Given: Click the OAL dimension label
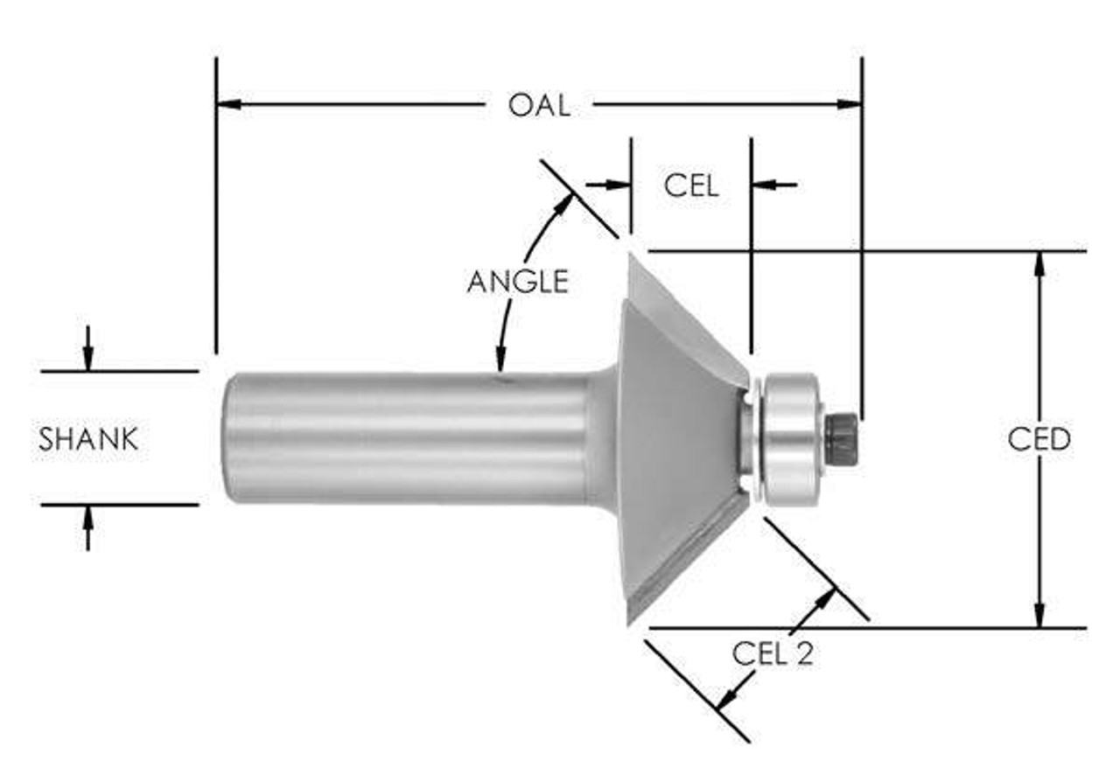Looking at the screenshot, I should [539, 105].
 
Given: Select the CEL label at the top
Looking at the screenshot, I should [691, 185].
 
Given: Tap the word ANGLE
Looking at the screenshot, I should [517, 282].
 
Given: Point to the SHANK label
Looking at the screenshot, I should [88, 439].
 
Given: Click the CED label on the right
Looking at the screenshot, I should [1039, 439].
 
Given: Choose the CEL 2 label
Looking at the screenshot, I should [773, 653].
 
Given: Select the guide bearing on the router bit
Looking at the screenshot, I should [792, 437].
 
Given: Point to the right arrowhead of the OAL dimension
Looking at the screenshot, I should [849, 105].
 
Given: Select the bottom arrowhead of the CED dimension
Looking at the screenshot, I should [1039, 616].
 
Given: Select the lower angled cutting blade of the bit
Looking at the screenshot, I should [687, 560].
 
